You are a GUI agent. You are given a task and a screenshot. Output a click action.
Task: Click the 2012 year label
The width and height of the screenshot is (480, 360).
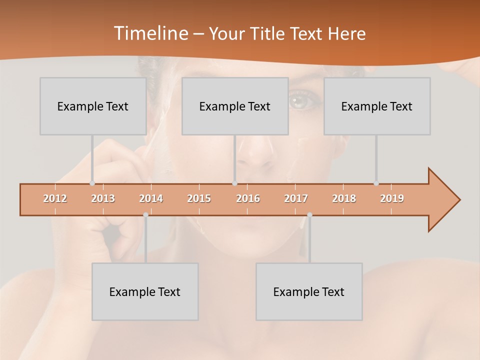pyautogui.click(x=55, y=198)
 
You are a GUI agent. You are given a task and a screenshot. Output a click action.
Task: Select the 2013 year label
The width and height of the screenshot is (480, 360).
pyautogui.click(x=103, y=198)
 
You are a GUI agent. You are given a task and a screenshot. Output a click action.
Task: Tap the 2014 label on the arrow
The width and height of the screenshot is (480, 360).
pyautogui.click(x=151, y=198)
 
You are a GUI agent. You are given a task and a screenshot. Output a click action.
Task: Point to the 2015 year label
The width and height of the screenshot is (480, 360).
pyautogui.click(x=199, y=198)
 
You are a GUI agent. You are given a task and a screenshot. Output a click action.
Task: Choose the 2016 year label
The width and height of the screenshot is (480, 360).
pyautogui.click(x=248, y=198)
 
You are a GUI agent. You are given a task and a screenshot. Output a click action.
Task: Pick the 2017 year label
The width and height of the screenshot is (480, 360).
pyautogui.click(x=296, y=198)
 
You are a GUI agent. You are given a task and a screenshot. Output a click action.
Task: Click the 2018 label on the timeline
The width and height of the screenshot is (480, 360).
pyautogui.click(x=344, y=198)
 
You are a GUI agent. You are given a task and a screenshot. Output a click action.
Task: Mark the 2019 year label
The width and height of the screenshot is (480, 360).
pyautogui.click(x=392, y=198)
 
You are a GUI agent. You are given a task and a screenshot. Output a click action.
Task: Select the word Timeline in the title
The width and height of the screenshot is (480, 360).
pyautogui.click(x=150, y=33)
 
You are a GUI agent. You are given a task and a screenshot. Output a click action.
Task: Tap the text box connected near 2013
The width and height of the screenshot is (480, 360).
pyautogui.click(x=93, y=106)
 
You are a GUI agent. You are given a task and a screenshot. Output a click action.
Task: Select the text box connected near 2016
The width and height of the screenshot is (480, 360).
pyautogui.click(x=235, y=106)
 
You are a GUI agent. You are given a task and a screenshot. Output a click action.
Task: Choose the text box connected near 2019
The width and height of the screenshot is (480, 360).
pyautogui.click(x=377, y=106)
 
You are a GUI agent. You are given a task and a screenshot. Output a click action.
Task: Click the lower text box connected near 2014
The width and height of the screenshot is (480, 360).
pyautogui.click(x=145, y=291)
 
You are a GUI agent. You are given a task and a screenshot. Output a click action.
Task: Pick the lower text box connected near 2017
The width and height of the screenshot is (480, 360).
pyautogui.click(x=309, y=291)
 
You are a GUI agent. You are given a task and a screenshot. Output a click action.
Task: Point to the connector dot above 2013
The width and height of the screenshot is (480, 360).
pyautogui.click(x=92, y=183)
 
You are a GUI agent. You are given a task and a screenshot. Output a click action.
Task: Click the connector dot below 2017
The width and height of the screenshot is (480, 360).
pyautogui.click(x=309, y=215)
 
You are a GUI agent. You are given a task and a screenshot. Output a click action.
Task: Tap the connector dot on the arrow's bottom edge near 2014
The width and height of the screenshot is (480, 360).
pyautogui.click(x=145, y=215)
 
